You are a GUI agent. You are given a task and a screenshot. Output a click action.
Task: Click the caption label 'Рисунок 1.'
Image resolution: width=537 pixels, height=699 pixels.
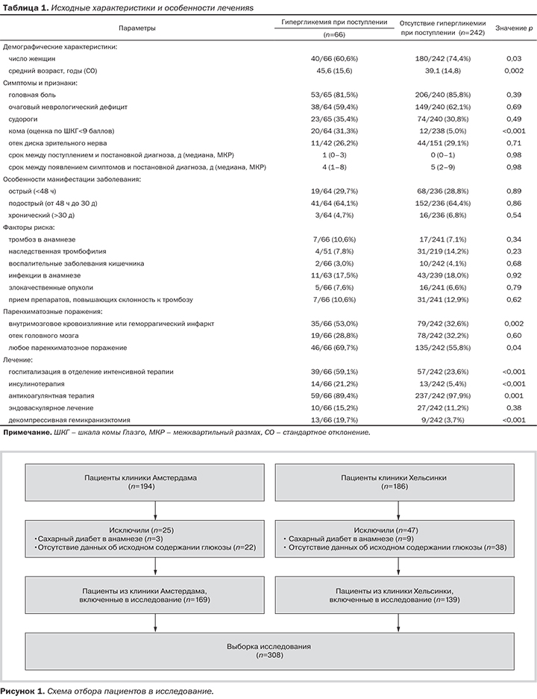[22, 692]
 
